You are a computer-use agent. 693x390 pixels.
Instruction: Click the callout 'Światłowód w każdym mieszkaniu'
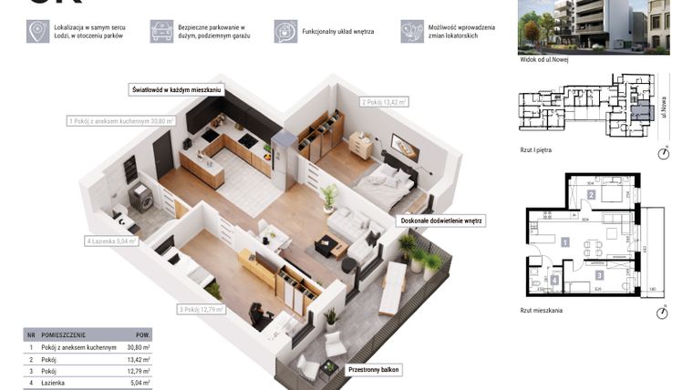coord(176,90)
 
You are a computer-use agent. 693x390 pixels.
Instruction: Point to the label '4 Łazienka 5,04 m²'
coord(111,241)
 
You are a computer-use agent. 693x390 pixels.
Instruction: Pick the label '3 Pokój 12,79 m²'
coord(202,310)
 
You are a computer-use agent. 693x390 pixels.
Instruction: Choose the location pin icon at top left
coord(38,32)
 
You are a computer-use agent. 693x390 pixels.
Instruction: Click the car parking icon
coord(162,32)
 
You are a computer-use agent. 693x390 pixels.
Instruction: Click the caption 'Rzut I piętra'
coord(536,149)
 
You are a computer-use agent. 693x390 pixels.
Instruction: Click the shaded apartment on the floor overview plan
coord(636,113)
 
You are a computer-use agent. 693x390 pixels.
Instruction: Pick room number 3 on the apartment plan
coord(598,273)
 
